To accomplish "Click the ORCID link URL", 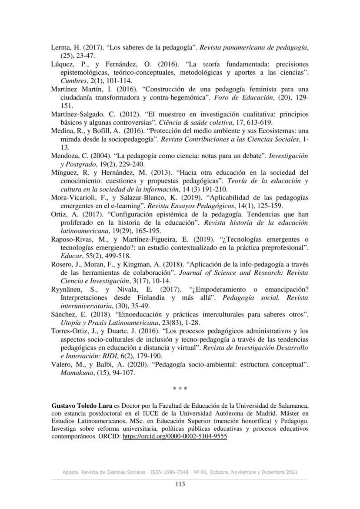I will pyautogui.click(x=175, y=437).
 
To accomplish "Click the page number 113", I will pyautogui.click(x=180, y=485).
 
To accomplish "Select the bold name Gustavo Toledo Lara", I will pyautogui.click(x=79, y=406).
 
